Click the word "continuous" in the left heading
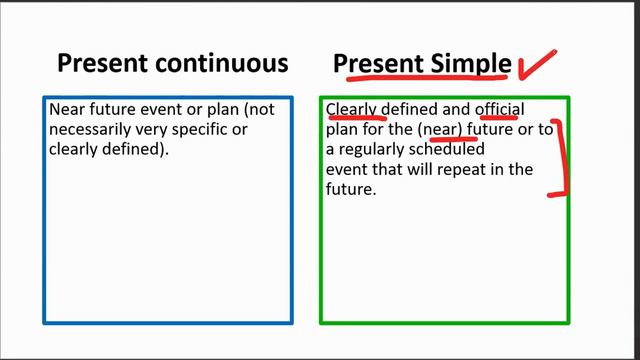[223, 64]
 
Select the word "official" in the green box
[499, 108]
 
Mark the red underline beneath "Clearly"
[355, 118]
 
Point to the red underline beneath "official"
[497, 118]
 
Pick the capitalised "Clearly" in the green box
[354, 108]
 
